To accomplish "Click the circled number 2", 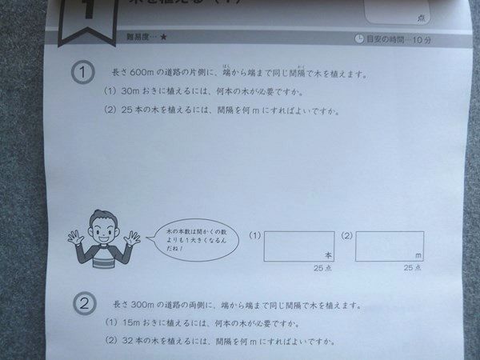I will pos(86,305).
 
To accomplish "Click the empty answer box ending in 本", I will pos(298,245).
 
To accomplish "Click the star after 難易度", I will pos(163,37).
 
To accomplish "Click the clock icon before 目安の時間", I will pos(359,38).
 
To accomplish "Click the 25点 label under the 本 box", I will pos(323,268).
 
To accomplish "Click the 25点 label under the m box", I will pos(414,268).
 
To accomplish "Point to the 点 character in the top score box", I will pos(420,18).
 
